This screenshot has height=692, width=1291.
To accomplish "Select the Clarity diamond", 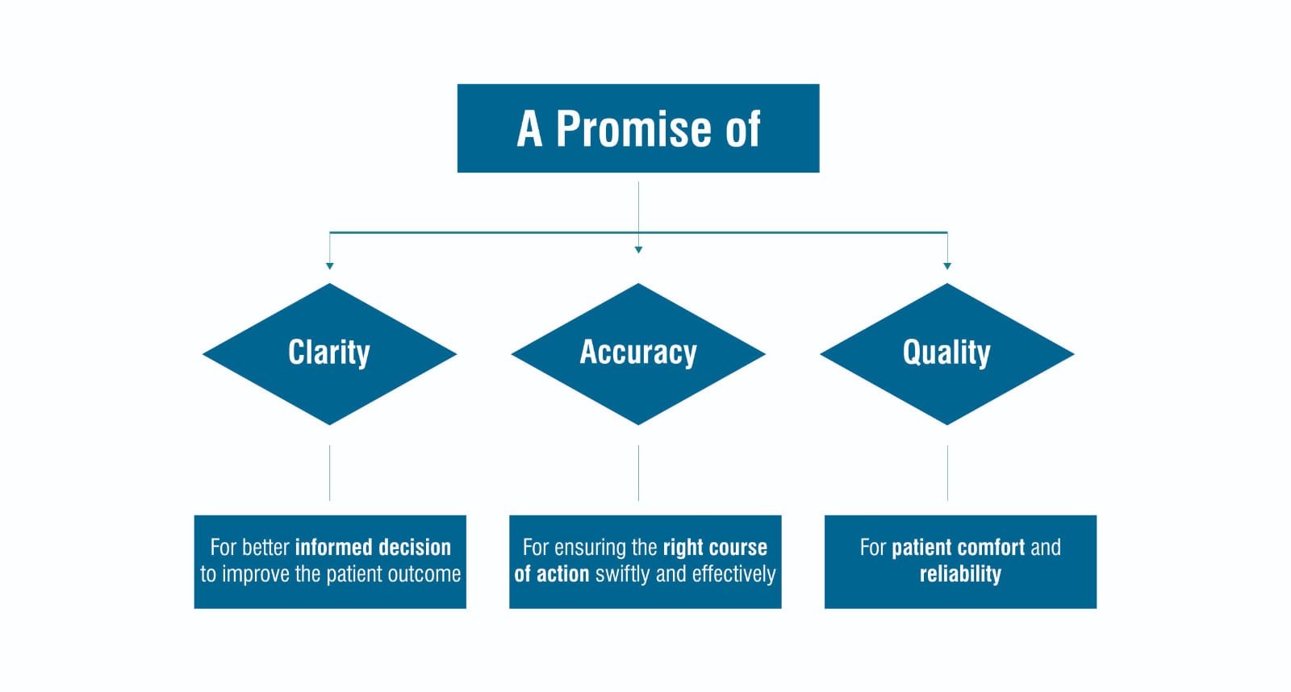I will coord(329,353).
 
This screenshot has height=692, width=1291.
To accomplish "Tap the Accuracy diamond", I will coord(638,353).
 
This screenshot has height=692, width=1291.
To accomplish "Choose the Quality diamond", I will coord(946,353).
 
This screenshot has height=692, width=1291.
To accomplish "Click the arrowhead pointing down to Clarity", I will coord(329,265).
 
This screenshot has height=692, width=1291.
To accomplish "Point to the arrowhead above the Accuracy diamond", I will coord(638,250).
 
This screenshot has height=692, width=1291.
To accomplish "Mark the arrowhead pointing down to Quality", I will coord(947,265).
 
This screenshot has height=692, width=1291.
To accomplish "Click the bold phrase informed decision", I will coord(373,547).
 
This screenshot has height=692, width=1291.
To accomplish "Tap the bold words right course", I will coord(715,547).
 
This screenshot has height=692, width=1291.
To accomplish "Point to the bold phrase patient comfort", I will coord(959,547).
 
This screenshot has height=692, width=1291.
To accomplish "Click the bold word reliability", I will coord(960,574).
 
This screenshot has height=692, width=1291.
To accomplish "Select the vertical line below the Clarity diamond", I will coord(329,473).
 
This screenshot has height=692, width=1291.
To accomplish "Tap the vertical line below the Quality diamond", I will coord(947,473).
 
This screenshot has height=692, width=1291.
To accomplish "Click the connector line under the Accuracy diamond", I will coord(638,473).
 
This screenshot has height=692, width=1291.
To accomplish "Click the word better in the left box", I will coord(265,547).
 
